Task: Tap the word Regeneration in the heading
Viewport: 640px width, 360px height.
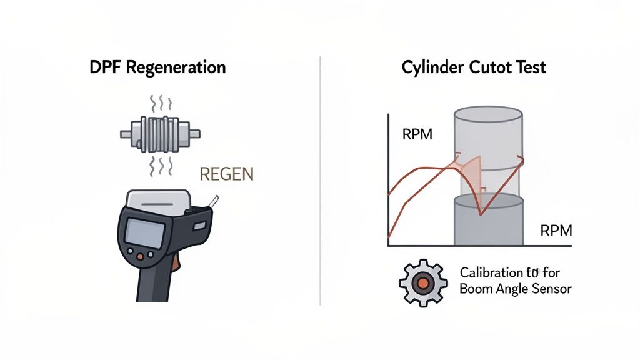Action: point(176,67)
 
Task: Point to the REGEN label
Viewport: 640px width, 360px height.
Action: point(226,174)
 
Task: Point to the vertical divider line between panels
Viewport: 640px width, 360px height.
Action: point(320,181)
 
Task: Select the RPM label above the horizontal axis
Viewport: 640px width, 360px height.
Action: point(556,231)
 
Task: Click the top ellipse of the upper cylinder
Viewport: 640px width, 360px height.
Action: point(487,115)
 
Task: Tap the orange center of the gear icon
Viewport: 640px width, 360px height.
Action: point(423,282)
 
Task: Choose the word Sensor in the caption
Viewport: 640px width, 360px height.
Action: point(549,289)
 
